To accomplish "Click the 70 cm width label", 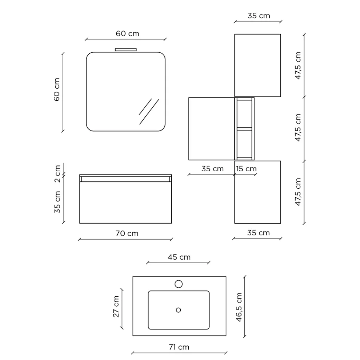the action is (127, 233).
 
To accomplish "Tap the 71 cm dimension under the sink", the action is (179, 347).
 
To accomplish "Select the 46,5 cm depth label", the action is (239, 307).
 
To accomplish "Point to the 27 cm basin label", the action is (116, 307).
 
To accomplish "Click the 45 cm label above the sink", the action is (179, 257).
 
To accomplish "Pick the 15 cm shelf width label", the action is (246, 169).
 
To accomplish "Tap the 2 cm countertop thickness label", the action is (57, 174).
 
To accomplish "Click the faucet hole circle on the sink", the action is (179, 284).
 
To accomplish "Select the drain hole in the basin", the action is (179, 310).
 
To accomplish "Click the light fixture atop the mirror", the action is (125, 49).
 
